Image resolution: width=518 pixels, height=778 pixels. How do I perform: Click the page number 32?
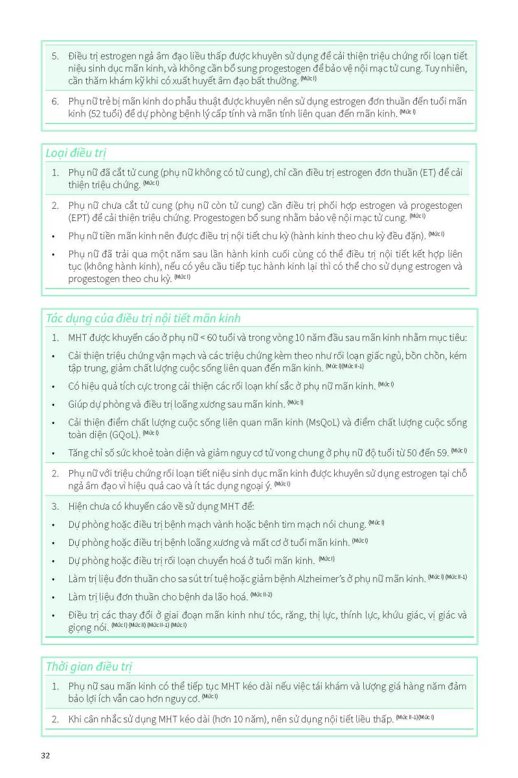(x=45, y=755)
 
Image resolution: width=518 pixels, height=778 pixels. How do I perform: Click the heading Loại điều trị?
(x=76, y=153)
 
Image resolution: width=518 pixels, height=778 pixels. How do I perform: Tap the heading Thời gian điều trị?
(x=89, y=666)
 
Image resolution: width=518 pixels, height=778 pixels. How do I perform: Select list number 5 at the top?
(x=55, y=56)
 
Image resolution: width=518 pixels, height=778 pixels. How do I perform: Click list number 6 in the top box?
(x=55, y=101)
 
